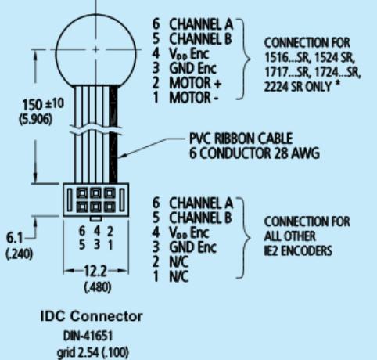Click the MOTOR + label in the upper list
tap(196, 84)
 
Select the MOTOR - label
tap(193, 98)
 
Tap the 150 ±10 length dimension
tap(43, 104)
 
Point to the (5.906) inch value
tap(35, 120)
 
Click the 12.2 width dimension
tap(95, 272)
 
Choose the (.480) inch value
tap(98, 287)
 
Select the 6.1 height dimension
tap(14, 238)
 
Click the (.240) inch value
tap(20, 254)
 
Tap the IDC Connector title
tap(92, 316)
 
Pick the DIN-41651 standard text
tap(88, 336)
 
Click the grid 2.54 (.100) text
tap(92, 352)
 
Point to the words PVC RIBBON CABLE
tap(241, 139)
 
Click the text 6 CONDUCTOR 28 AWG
tap(254, 153)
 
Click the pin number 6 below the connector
tap(82, 231)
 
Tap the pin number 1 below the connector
tap(110, 246)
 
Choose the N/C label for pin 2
tap(179, 261)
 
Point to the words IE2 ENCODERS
tap(298, 250)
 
